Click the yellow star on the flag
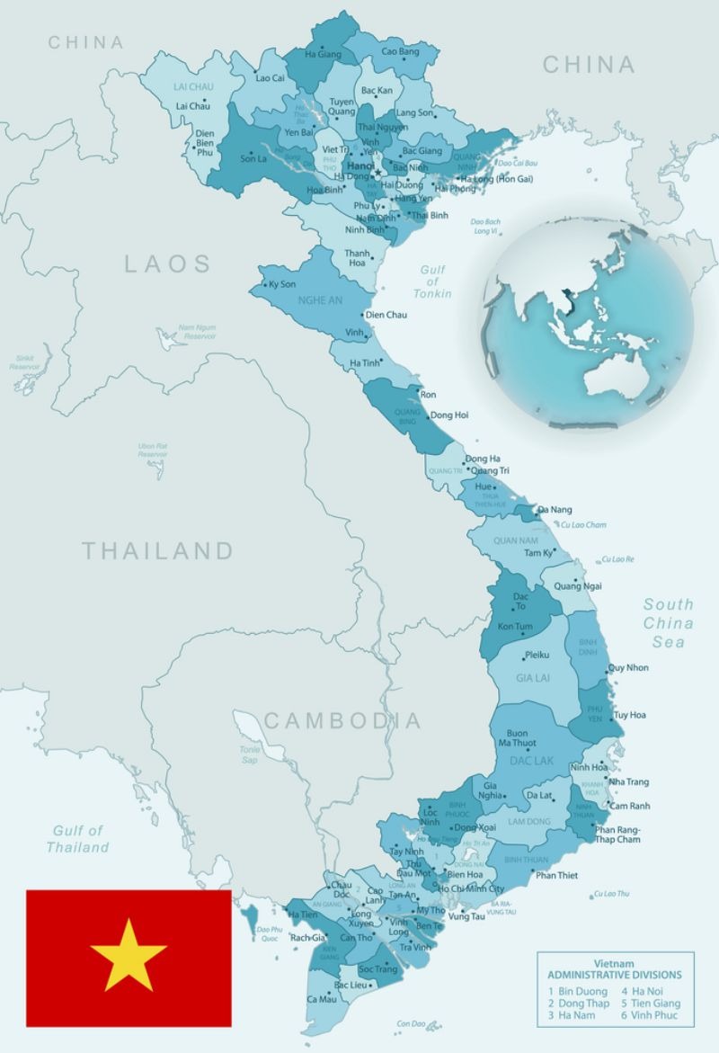point(129,956)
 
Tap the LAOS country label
point(168,263)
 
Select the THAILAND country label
point(158,550)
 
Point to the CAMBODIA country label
point(342,720)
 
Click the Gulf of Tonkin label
point(432,281)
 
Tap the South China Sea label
point(668,623)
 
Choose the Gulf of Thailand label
point(78,839)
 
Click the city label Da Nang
point(555,510)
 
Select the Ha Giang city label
point(324,54)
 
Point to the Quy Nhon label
point(628,667)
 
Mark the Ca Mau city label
point(322,999)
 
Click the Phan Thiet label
point(556,875)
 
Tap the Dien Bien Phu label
point(205,143)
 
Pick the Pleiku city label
point(537,655)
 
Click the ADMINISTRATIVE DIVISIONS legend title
point(615,975)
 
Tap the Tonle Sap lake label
point(249,754)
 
